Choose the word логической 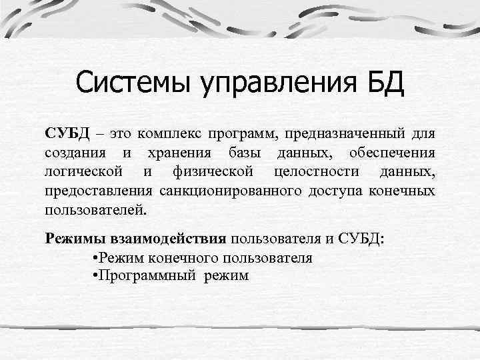click(83, 172)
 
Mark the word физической click(212, 172)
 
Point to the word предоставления click(99, 192)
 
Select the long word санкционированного click(231, 192)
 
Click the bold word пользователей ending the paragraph click(94, 211)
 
